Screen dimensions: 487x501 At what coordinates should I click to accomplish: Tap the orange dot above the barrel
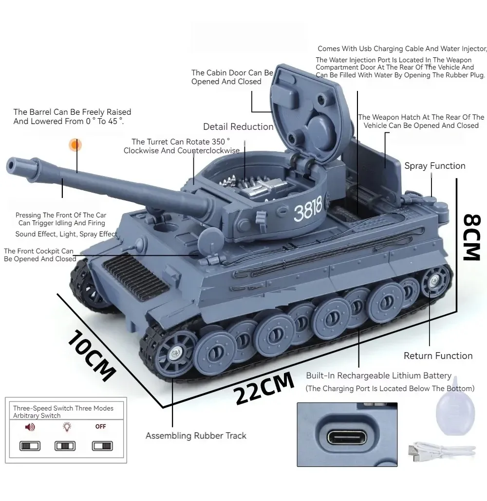tap(75, 145)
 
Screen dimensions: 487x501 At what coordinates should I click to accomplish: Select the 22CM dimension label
tap(263, 388)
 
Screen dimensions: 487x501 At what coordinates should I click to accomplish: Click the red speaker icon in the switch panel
tap(30, 427)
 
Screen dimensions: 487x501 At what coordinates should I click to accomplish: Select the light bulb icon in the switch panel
tap(67, 427)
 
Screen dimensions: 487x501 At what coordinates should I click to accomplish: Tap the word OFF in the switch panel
tap(100, 427)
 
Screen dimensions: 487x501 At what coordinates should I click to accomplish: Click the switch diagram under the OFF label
tap(102, 446)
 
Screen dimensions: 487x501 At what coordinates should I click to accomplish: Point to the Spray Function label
tap(435, 166)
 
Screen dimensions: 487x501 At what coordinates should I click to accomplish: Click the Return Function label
tap(438, 356)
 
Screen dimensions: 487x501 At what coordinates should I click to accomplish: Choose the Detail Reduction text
tap(238, 127)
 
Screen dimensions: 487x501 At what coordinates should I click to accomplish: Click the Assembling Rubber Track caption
tap(196, 436)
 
